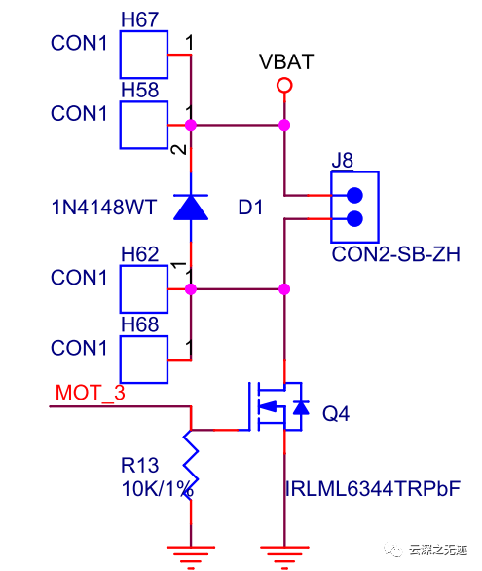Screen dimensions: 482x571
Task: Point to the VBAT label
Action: (286, 61)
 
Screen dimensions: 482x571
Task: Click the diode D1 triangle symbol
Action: (191, 208)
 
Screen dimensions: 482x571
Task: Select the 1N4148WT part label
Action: (104, 208)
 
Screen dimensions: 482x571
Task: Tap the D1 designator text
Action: (250, 208)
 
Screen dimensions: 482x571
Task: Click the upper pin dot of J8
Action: (354, 195)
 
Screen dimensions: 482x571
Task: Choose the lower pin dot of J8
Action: (354, 219)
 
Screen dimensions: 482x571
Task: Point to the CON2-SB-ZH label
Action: (395, 254)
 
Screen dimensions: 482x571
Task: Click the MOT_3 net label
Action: (91, 393)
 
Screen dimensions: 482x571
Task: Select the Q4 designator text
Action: (336, 414)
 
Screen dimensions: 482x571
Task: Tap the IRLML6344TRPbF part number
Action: (373, 489)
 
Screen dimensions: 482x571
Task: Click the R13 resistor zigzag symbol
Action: (191, 465)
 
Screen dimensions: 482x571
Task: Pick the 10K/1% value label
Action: (157, 489)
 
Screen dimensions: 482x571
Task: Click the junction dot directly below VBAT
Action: (284, 125)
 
